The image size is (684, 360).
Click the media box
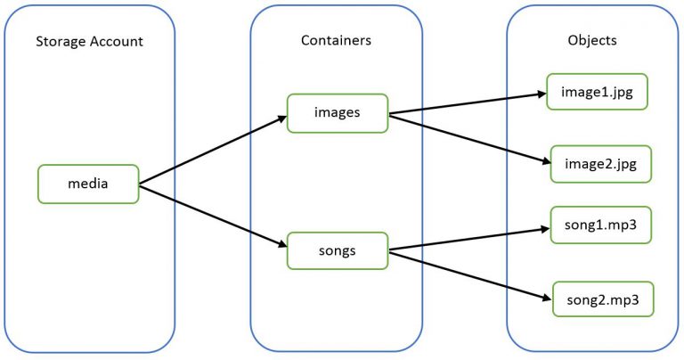[88, 184]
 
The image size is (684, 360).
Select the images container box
[337, 113]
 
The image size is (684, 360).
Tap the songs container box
[337, 250]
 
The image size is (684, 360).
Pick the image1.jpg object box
[596, 92]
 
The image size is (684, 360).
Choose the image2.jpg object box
[601, 164]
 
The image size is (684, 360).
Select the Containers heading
[336, 41]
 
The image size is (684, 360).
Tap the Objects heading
[592, 41]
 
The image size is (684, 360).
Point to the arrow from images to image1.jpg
[468, 102]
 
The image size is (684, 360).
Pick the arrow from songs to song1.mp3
[468, 239]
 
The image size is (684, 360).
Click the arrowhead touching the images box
[280, 119]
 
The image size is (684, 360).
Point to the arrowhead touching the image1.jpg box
[539, 92]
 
